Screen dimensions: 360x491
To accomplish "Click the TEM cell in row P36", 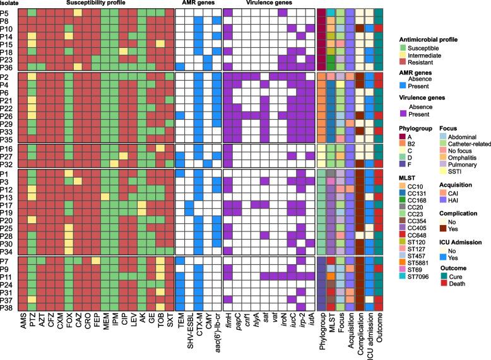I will click(x=180, y=67).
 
